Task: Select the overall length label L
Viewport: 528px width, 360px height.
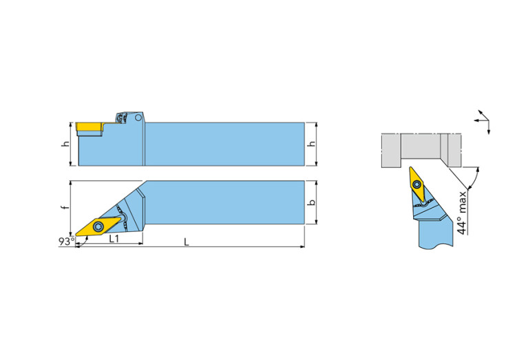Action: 186,242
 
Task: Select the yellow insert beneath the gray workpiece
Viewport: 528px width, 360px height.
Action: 417,182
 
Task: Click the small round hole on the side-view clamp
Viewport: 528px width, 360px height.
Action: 138,118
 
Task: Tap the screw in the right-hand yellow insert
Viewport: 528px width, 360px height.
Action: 417,183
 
